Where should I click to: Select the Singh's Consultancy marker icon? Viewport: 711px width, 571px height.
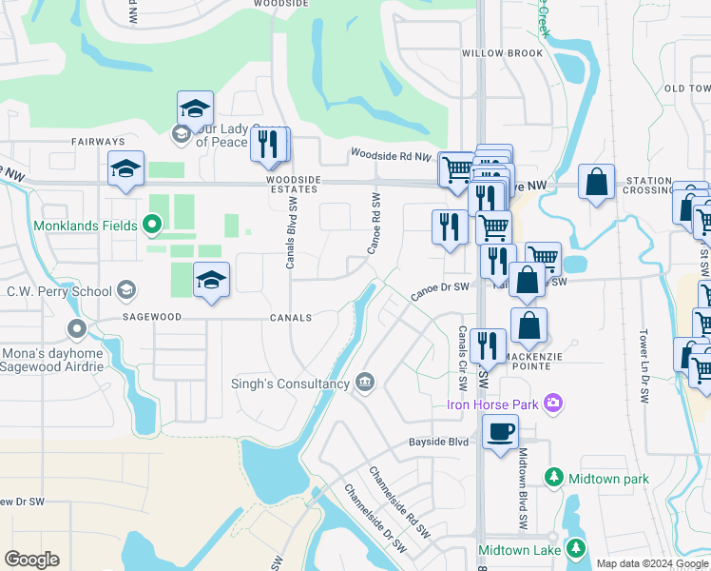point(364,383)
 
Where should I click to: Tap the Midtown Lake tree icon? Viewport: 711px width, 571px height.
point(575,548)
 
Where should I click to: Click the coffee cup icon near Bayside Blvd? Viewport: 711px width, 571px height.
point(500,431)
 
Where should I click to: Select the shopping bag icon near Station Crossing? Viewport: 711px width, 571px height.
point(595,183)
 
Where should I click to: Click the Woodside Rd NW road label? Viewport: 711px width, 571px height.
point(391,154)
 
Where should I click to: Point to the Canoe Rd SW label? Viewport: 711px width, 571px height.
point(375,224)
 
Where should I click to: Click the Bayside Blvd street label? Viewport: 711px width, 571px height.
point(439,443)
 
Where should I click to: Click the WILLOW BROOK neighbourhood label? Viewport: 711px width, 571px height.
point(502,53)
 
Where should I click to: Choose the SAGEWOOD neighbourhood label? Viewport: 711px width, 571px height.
point(151,318)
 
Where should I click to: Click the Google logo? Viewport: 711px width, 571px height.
point(31,560)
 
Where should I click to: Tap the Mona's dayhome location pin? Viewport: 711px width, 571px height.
point(78,329)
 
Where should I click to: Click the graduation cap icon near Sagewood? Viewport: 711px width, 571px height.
point(212,280)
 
